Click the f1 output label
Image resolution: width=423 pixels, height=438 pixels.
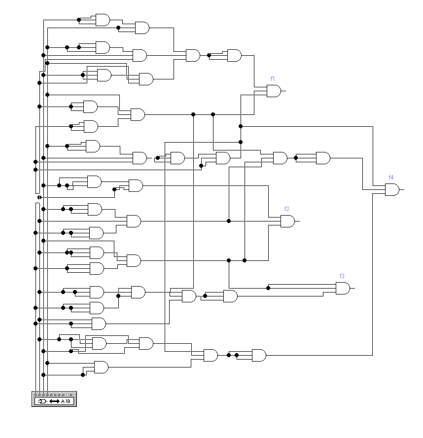273,79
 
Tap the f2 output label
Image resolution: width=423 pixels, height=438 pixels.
286,209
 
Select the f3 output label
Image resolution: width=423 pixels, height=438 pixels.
342,276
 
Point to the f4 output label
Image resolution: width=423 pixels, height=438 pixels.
391,177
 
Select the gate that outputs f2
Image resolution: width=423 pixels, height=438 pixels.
287,221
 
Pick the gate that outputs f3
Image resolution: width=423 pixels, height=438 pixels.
343,288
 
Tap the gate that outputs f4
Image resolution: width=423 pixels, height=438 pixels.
392,189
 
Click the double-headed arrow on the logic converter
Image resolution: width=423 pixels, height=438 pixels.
55,401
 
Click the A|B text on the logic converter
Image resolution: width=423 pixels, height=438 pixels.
67,401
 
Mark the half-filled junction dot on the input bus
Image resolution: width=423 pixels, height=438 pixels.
39,197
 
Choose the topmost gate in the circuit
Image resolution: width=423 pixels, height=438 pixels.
103,20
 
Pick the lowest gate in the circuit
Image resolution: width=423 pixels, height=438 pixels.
101,367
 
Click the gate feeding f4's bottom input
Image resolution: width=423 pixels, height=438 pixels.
259,355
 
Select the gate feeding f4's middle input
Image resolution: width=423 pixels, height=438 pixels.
323,158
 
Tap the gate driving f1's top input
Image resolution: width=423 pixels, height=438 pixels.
234,55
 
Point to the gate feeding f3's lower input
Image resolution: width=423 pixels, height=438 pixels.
230,296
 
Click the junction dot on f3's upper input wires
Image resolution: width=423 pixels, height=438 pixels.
268,288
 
